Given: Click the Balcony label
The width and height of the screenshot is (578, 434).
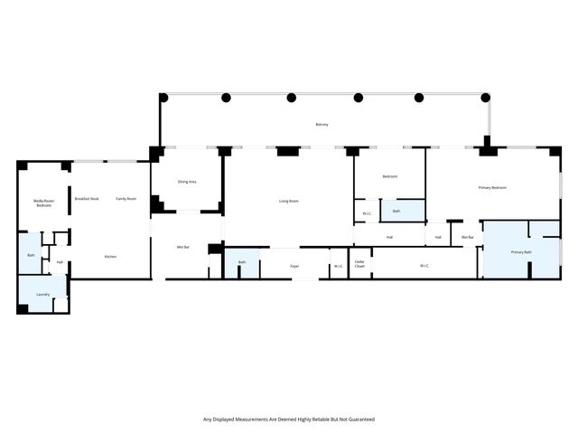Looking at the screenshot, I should pyautogui.click(x=322, y=124).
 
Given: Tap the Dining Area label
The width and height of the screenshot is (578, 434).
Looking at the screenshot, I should pyautogui.click(x=187, y=182).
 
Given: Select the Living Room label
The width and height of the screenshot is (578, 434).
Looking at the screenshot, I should pyautogui.click(x=287, y=201).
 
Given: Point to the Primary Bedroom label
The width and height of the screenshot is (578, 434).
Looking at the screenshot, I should pyautogui.click(x=492, y=187).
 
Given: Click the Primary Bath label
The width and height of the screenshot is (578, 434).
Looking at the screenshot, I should pyautogui.click(x=521, y=252).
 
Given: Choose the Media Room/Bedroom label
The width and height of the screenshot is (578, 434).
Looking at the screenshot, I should pyautogui.click(x=42, y=203).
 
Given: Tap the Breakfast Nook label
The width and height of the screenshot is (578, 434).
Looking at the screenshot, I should pyautogui.click(x=87, y=198).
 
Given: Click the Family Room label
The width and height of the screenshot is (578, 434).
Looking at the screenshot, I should pyautogui.click(x=126, y=198).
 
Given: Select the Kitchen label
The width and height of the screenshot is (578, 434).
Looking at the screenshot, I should pyautogui.click(x=110, y=257).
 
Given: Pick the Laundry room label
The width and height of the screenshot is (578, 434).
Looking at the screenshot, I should pyautogui.click(x=42, y=295).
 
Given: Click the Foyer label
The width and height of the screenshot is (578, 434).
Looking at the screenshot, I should pyautogui.click(x=294, y=266).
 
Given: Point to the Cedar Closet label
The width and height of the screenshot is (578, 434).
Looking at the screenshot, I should pyautogui.click(x=359, y=266).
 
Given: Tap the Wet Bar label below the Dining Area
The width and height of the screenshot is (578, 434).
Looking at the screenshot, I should pyautogui.click(x=182, y=246).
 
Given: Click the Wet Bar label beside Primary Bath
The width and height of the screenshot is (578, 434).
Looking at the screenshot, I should pyautogui.click(x=467, y=237).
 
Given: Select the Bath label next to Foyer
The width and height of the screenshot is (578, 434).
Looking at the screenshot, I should pyautogui.click(x=242, y=262).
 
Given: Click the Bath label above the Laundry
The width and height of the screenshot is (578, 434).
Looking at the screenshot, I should pyautogui.click(x=31, y=256).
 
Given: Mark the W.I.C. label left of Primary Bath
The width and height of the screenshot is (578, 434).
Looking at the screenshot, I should pyautogui.click(x=424, y=266).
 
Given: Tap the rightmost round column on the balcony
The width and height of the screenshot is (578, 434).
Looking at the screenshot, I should pyautogui.click(x=486, y=98).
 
